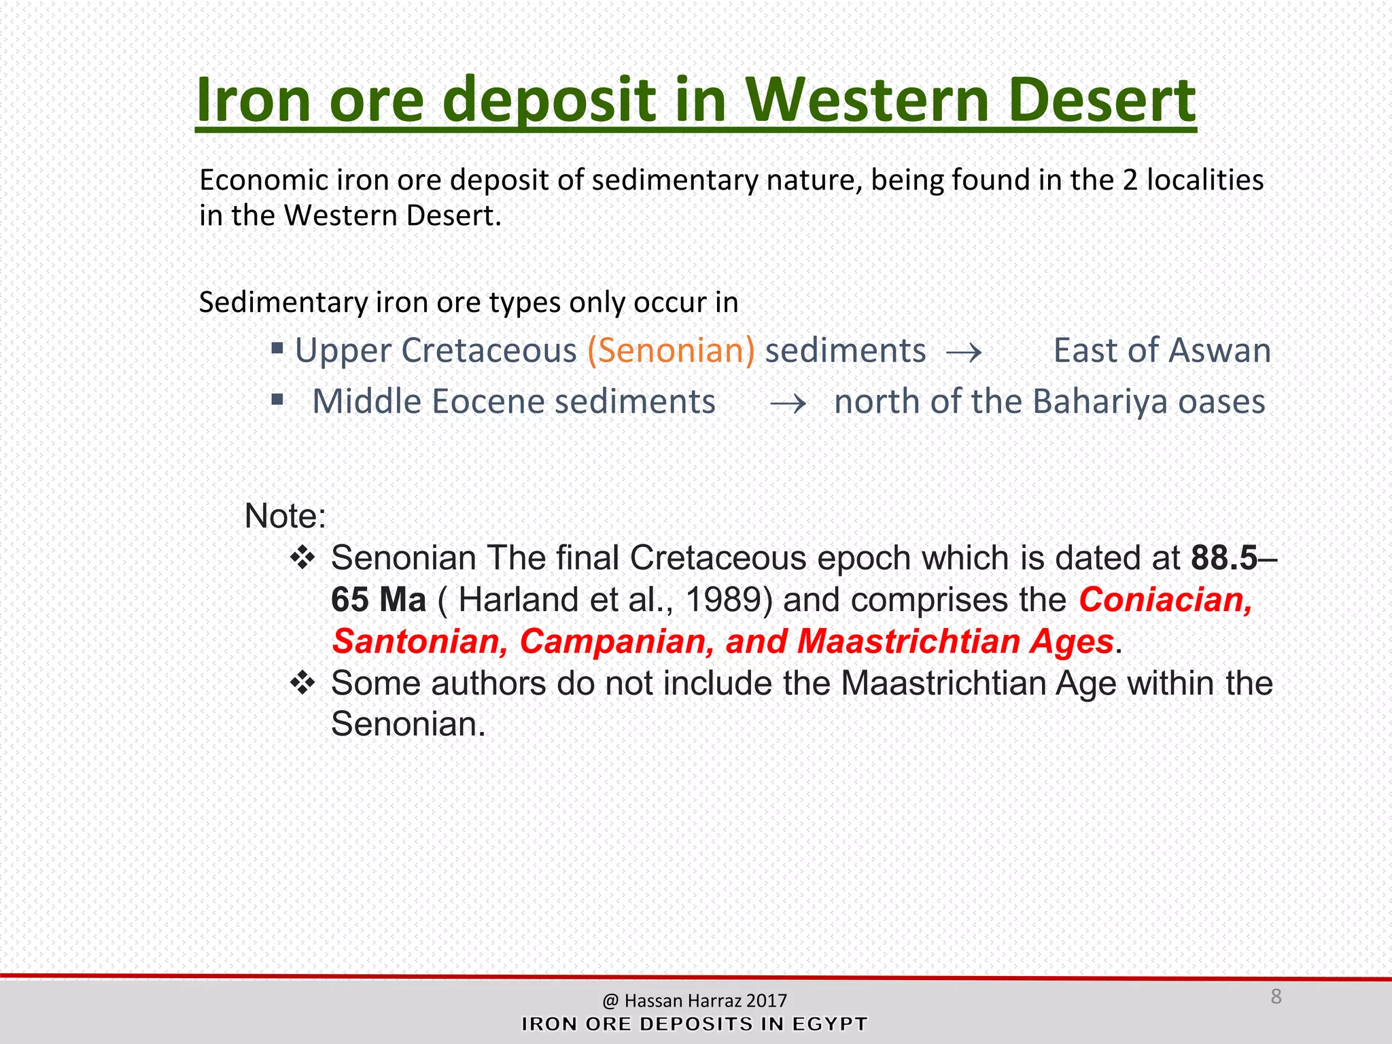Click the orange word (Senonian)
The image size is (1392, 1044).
671,351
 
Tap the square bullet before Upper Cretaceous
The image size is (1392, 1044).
277,349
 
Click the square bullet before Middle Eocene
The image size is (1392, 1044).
277,399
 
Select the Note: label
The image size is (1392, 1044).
285,516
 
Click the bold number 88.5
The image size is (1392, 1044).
1224,558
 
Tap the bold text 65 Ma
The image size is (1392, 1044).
379,600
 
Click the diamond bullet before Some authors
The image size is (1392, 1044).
302,682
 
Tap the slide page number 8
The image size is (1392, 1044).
1276,996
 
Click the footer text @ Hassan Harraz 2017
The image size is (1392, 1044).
694,1000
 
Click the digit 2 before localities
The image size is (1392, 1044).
1130,181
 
